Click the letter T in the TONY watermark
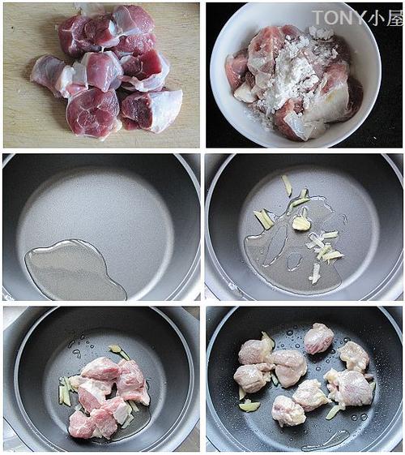coord(318,17)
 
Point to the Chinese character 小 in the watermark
coord(374,17)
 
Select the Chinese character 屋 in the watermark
coord(394,17)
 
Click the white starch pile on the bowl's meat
coord(292,76)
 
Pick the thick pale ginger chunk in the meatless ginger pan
coord(301,224)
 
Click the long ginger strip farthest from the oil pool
coord(287,185)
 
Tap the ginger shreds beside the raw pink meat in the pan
coord(65,389)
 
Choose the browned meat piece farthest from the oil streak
coord(318,337)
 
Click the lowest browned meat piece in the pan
coord(288,410)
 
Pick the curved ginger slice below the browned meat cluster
coord(249,406)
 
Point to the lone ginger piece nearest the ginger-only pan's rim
coord(314,273)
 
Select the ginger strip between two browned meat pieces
coord(275,379)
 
